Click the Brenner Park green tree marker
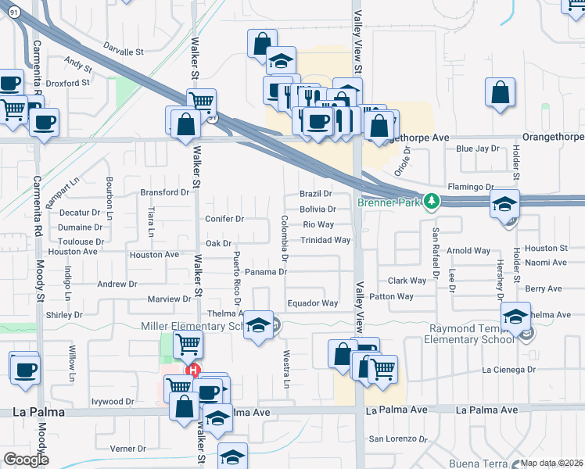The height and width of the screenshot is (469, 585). click(x=430, y=202)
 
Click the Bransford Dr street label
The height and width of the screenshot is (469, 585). click(x=165, y=192)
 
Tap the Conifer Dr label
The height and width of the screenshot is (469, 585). click(x=225, y=219)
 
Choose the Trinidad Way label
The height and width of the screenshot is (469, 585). click(x=325, y=241)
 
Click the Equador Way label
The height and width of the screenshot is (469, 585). click(x=312, y=303)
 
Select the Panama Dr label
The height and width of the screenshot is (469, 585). click(x=266, y=272)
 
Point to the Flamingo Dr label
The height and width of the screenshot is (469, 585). click(x=472, y=188)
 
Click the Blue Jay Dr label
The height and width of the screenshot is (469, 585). click(x=477, y=149)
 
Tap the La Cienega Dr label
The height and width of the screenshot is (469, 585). click(x=508, y=369)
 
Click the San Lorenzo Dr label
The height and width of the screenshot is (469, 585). click(x=398, y=439)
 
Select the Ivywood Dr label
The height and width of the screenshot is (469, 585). click(x=113, y=402)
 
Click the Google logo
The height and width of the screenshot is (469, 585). click(x=26, y=460)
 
